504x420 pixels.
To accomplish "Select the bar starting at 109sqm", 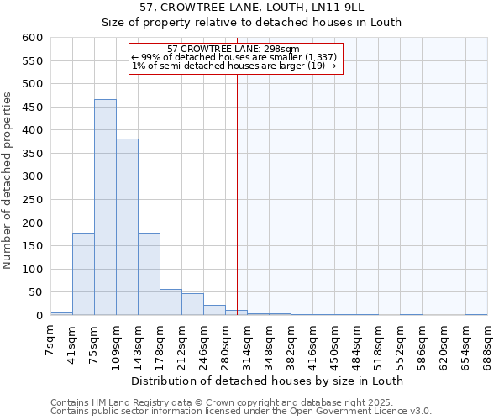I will pyautogui.click(x=127, y=227).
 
